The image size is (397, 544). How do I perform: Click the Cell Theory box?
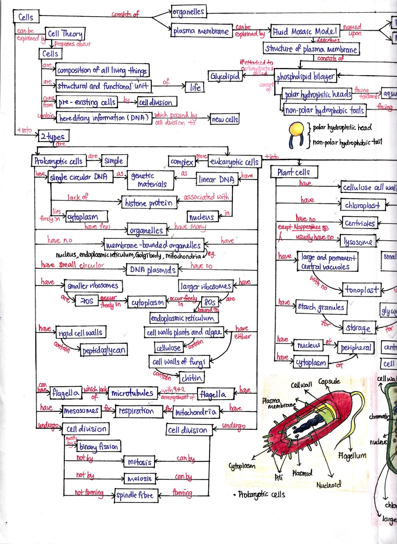coord(65,34)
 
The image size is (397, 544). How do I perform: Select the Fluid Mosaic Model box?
coord(305,32)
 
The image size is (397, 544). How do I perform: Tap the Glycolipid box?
coord(225,76)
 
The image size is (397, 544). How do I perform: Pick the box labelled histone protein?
coord(149,203)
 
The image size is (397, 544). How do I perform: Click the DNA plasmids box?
coord(153,270)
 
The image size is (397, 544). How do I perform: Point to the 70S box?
coord(86,301)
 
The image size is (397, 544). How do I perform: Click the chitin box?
coord(192,378)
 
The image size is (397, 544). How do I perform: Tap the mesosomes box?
coord(81,411)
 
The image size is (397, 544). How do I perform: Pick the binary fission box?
coord(99,446)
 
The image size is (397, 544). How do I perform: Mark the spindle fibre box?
coord(135,495)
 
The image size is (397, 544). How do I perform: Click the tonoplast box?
coord(362,290)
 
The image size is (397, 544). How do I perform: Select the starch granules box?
coord(321,307)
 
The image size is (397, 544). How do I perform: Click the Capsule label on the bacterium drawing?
coord(329,381)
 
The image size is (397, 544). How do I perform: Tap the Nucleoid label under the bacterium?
coord(328,485)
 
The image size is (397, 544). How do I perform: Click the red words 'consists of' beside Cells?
coord(125,14)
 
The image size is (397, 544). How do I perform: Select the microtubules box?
coord(132,393)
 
